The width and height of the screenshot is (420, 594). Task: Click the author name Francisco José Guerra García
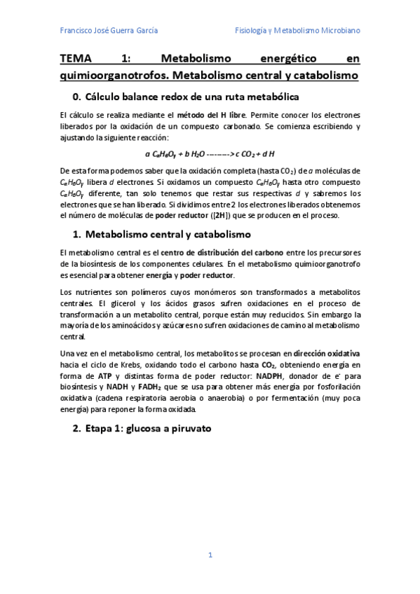click(x=109, y=31)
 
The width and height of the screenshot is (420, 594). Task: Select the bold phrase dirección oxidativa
click(x=327, y=354)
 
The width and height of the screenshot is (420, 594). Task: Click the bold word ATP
click(x=104, y=375)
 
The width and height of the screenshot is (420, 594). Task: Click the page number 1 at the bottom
click(x=210, y=555)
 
